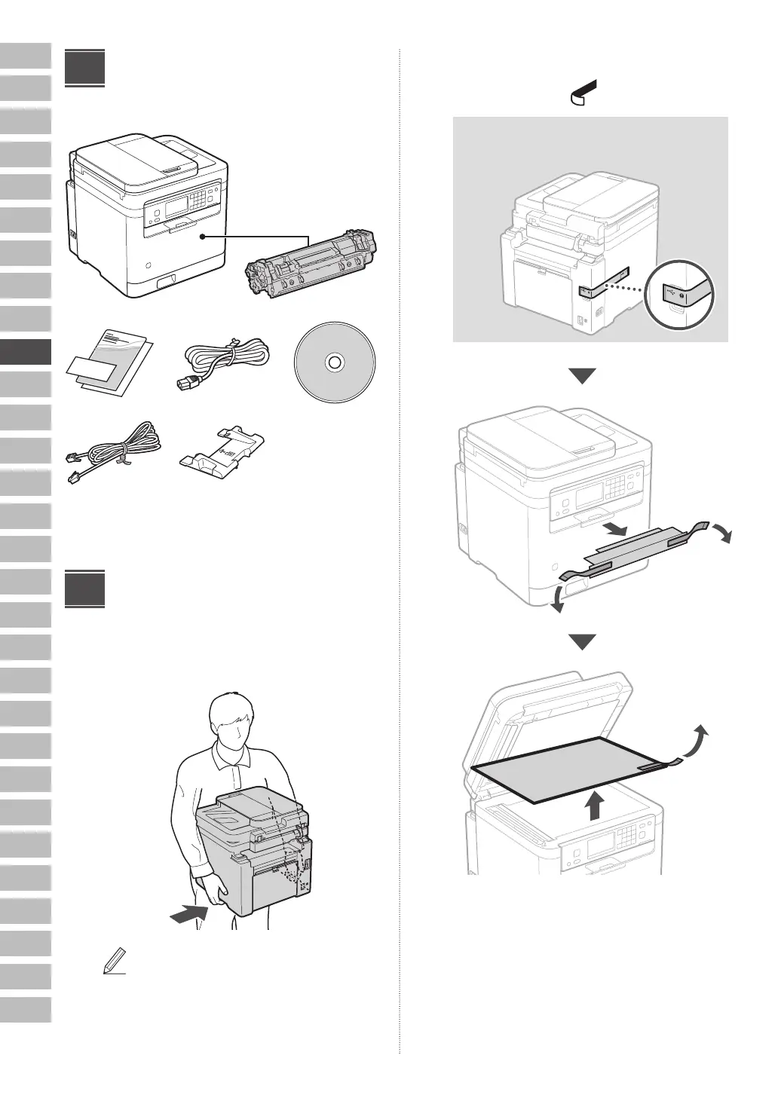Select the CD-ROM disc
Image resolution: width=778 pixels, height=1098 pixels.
coord(334,363)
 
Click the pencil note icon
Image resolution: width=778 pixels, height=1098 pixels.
coord(113,962)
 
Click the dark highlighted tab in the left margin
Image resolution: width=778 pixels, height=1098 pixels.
coord(26,352)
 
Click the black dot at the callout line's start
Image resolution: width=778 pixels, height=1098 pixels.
coord(203,236)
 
